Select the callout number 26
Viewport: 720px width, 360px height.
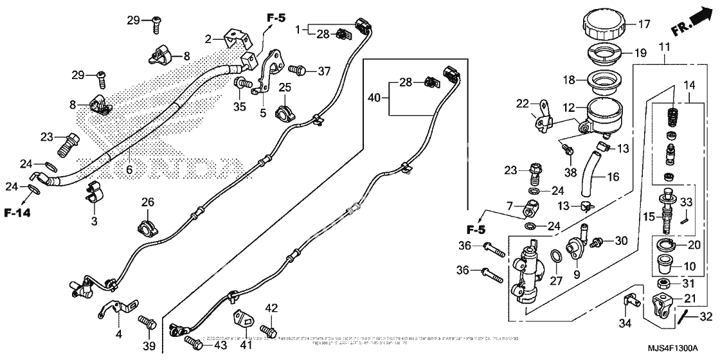tap(148, 203)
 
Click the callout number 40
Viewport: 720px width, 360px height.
tap(375, 97)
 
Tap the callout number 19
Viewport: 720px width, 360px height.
tap(641, 53)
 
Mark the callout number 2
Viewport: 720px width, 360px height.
tap(208, 39)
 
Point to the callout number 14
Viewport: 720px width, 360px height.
tap(689, 85)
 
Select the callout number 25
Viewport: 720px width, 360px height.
tap(285, 87)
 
